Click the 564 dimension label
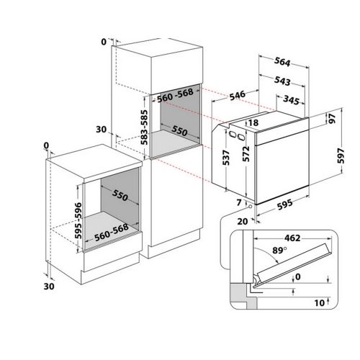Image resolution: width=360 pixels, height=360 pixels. click(x=282, y=62)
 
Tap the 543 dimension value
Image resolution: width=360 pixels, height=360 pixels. click(x=282, y=81)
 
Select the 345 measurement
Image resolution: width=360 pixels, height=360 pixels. click(x=291, y=100)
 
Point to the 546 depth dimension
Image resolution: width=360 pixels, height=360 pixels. click(x=238, y=96)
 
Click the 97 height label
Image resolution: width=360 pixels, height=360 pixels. click(x=332, y=119)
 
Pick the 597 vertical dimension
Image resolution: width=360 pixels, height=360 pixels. click(x=341, y=156)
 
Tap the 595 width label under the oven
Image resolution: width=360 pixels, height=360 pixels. click(x=285, y=204)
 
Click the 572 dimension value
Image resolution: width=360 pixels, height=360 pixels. click(x=246, y=154)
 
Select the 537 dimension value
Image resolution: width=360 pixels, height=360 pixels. click(x=226, y=158)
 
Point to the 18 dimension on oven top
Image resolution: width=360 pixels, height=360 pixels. click(x=253, y=122)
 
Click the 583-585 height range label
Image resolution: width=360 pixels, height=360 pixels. click(x=144, y=127)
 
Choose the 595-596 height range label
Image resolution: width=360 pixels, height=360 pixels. click(x=78, y=221)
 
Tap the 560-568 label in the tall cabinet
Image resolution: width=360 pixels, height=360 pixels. click(x=176, y=95)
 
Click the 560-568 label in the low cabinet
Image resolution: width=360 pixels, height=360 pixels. click(x=112, y=233)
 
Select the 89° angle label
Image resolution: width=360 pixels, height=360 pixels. click(x=279, y=251)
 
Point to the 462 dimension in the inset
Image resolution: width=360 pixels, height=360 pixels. click(x=292, y=238)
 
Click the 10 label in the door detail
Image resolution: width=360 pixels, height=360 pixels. click(x=320, y=303)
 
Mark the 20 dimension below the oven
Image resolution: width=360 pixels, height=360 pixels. click(x=243, y=221)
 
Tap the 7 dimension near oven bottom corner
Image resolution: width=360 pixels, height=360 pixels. click(x=238, y=203)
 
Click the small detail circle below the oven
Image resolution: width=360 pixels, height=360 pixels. click(x=251, y=207)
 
